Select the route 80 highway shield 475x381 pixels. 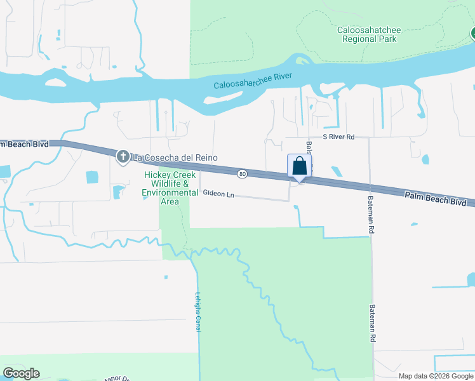point(242,173)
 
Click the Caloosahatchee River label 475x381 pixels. point(252,81)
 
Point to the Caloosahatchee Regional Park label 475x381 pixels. point(369,34)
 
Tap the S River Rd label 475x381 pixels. point(338,137)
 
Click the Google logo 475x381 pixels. point(21,373)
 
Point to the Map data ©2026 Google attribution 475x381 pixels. point(435,376)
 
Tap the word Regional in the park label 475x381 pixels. point(360,39)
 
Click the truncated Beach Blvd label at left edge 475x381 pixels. point(23,144)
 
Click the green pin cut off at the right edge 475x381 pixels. point(472,33)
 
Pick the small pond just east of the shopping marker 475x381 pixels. point(337,171)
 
